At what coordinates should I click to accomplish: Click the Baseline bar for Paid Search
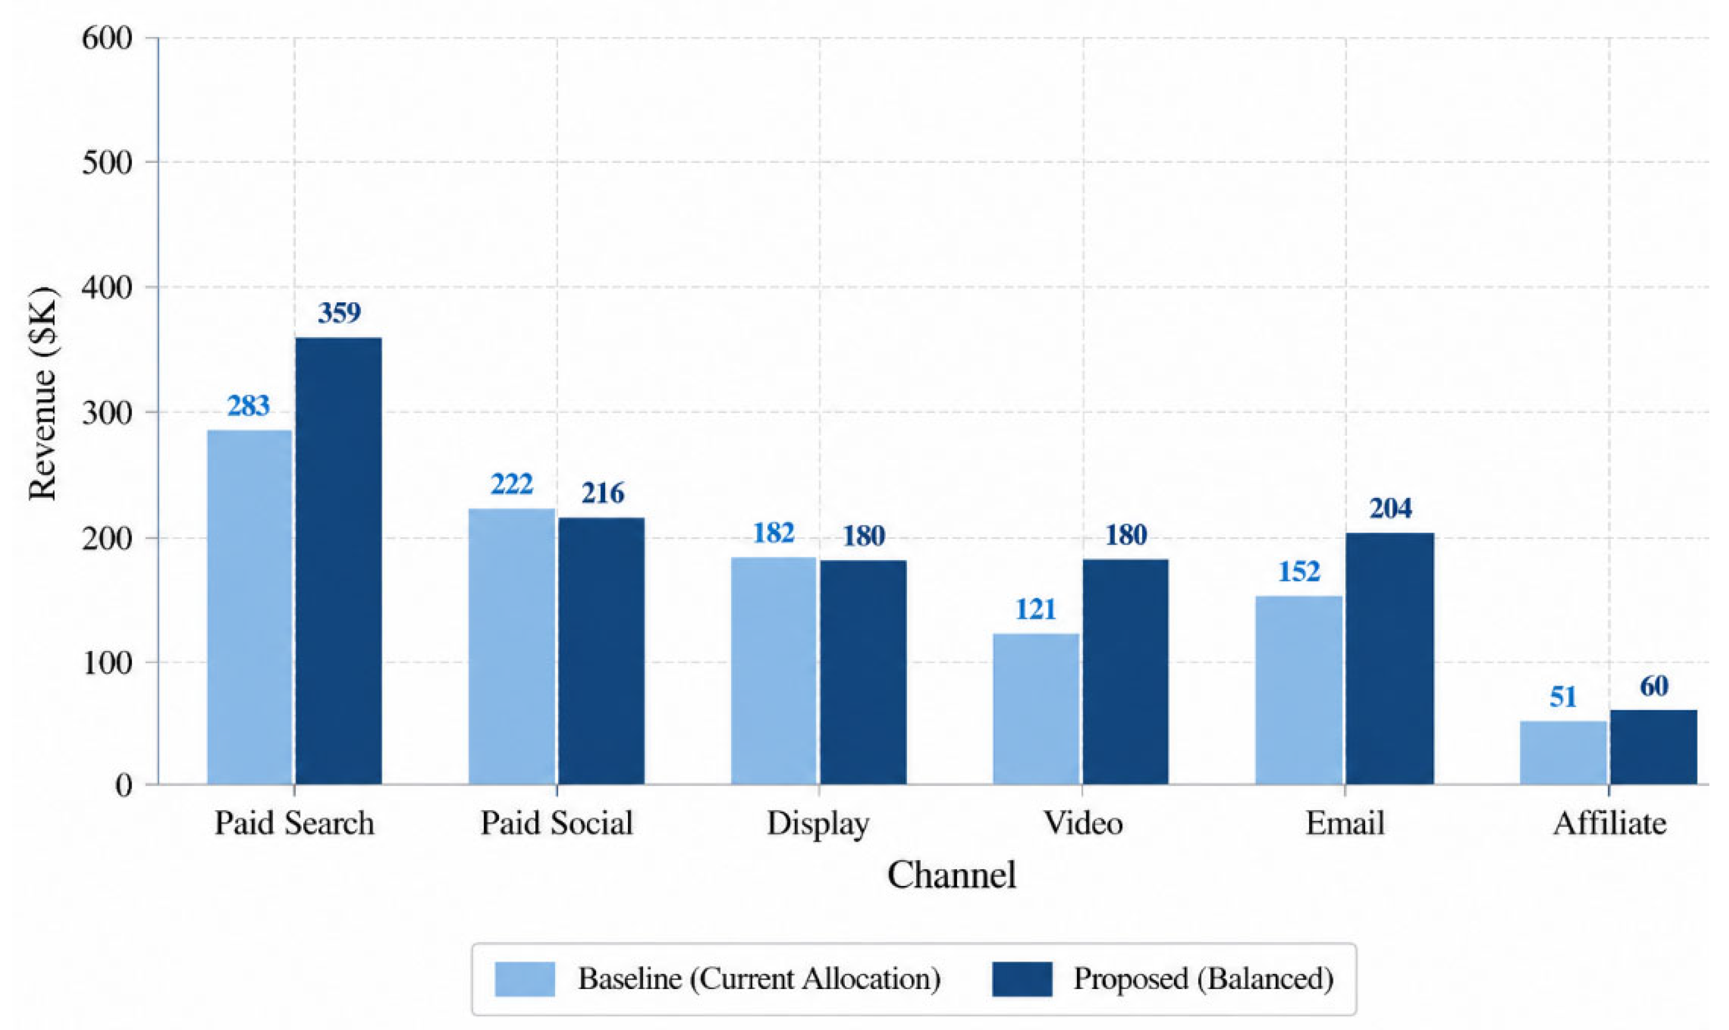(250, 607)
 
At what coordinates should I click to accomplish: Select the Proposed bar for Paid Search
(339, 561)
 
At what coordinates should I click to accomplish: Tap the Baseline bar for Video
(1037, 709)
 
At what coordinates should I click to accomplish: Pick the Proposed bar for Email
(1390, 659)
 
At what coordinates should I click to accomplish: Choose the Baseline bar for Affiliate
(1563, 752)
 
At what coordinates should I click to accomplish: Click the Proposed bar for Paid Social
(602, 651)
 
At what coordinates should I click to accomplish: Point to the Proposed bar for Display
(864, 672)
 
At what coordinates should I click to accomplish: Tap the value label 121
(1036, 609)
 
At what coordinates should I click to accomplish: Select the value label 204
(1390, 509)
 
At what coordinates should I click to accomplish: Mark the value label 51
(1563, 697)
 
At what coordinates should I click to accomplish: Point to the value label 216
(602, 493)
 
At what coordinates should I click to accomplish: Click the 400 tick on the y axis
(107, 287)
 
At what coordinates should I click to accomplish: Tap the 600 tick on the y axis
(107, 38)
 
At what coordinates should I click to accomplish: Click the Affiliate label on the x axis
(1609, 823)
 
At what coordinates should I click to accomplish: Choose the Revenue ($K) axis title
(43, 394)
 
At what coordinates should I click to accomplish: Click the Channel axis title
(951, 875)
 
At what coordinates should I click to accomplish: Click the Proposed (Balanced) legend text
(1203, 980)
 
